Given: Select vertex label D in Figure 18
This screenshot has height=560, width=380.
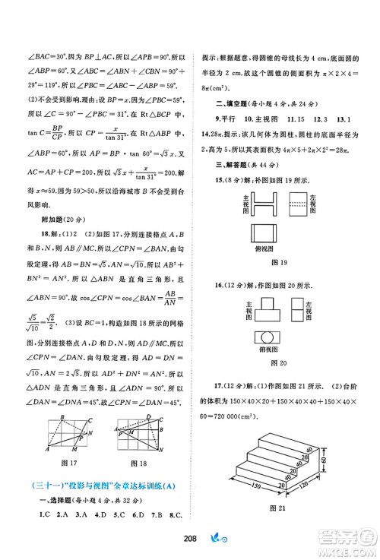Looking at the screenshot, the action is point(148,416).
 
